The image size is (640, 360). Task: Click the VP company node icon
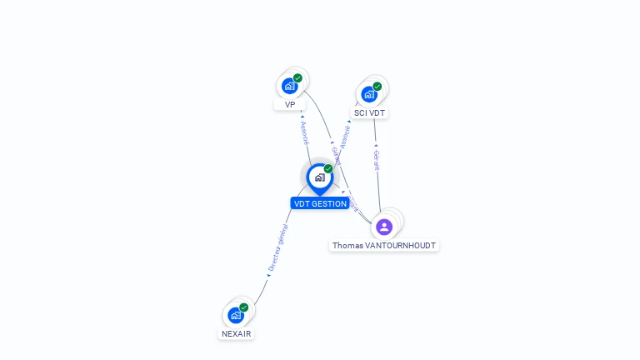pyautogui.click(x=289, y=86)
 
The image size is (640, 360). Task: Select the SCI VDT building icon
pyautogui.click(x=369, y=93)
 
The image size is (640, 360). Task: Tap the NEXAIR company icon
pyautogui.click(x=236, y=315)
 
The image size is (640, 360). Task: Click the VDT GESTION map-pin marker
pyautogui.click(x=319, y=177)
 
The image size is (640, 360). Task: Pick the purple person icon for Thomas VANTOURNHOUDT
pyautogui.click(x=384, y=227)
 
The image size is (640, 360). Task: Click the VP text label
pyautogui.click(x=290, y=105)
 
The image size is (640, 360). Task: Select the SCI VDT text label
pyautogui.click(x=370, y=112)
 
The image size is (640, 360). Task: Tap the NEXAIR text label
pyautogui.click(x=236, y=333)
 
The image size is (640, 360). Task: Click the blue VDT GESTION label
pyautogui.click(x=320, y=203)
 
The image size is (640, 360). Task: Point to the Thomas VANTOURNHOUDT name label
pyautogui.click(x=384, y=246)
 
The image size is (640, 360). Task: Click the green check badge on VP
pyautogui.click(x=297, y=78)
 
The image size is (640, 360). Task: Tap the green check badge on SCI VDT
pyautogui.click(x=377, y=86)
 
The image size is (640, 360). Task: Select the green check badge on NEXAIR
pyautogui.click(x=243, y=307)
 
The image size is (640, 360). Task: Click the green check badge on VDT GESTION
pyautogui.click(x=328, y=169)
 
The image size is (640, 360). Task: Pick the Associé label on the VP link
pyautogui.click(x=304, y=133)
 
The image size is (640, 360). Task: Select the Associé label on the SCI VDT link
pyautogui.click(x=345, y=137)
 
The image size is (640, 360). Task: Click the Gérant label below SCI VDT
pyautogui.click(x=377, y=160)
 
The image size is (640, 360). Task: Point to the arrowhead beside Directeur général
pyautogui.click(x=268, y=275)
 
